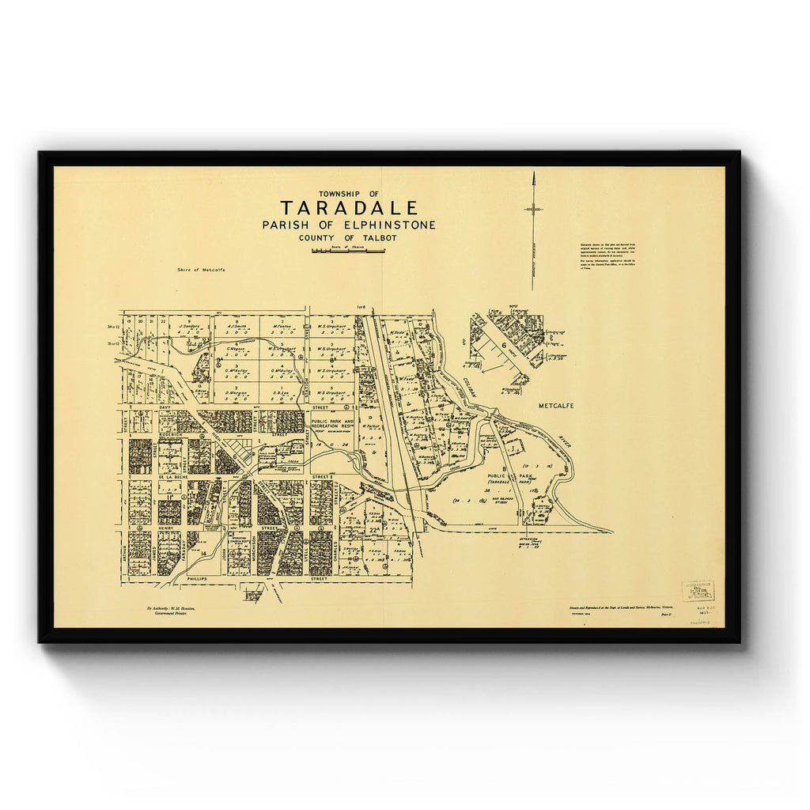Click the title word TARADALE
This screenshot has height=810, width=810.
(x=349, y=208)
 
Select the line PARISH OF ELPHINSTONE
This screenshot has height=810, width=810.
(x=349, y=225)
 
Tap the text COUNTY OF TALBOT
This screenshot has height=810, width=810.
(x=349, y=237)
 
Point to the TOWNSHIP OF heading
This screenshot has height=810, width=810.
(x=349, y=194)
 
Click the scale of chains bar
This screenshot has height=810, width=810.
(x=349, y=251)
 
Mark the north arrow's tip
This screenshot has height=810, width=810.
(x=534, y=174)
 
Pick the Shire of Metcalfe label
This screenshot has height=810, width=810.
(x=202, y=271)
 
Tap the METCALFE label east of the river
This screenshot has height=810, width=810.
(x=555, y=406)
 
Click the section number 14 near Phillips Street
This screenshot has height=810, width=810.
(x=203, y=553)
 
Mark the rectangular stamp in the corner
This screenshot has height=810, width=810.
(x=698, y=591)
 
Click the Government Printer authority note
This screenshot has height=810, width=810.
(x=172, y=611)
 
